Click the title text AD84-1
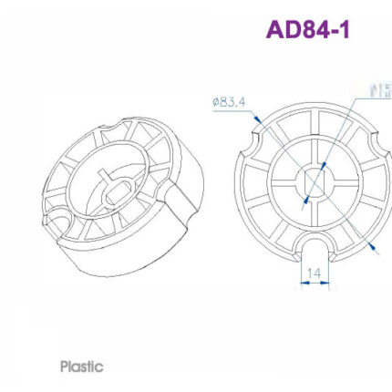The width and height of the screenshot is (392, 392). click(x=307, y=29)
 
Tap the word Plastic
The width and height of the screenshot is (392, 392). click(x=81, y=366)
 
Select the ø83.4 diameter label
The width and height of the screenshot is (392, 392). click(x=229, y=101)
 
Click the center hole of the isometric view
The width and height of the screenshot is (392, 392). click(x=119, y=191)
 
